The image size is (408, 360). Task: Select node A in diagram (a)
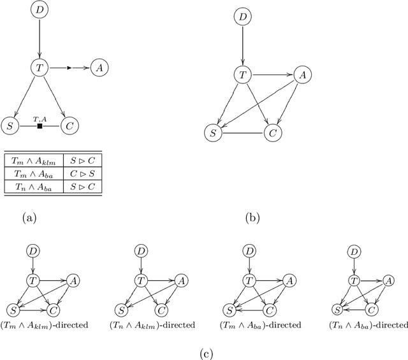(99, 66)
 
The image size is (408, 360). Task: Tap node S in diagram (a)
(9, 126)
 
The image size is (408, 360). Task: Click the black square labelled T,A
(40, 126)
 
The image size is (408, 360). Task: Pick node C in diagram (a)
(69, 126)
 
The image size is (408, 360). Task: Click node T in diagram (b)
(242, 75)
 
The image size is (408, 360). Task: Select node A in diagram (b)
(302, 75)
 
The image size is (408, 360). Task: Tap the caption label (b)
(253, 219)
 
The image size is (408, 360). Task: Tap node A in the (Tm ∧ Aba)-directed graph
(289, 280)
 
